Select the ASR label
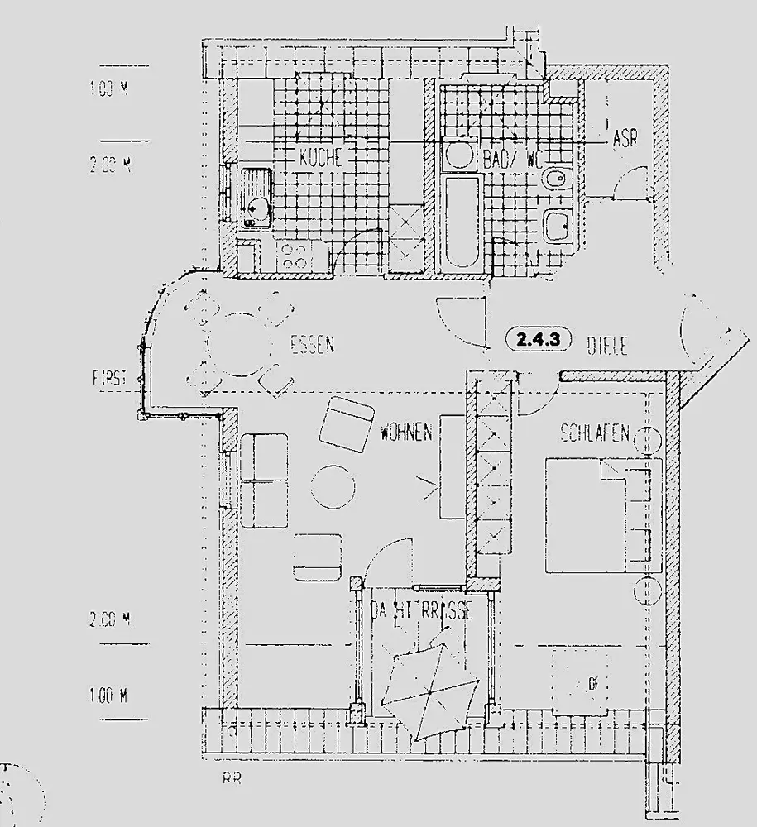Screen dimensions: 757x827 tap(625, 139)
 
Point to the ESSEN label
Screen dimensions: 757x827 tap(312, 346)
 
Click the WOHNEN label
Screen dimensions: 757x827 tap(406, 433)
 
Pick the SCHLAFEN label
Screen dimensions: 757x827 tap(596, 433)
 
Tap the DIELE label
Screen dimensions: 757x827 tap(607, 346)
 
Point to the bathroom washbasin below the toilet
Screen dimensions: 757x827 tap(558, 223)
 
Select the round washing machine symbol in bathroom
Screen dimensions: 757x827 tap(457, 153)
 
